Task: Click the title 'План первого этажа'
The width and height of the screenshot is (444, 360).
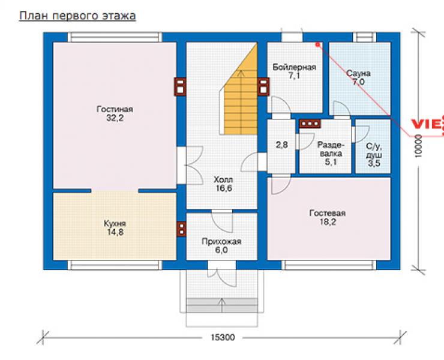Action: [x=77, y=16]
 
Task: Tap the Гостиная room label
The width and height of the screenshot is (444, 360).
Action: [x=115, y=109]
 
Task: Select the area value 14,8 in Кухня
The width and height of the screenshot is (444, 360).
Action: [x=115, y=232]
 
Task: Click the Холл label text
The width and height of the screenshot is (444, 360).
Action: [x=223, y=179]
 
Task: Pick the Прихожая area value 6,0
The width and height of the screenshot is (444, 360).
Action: [x=221, y=250]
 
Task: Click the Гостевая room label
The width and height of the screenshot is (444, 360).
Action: [x=328, y=213]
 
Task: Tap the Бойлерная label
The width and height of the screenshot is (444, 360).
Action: [x=294, y=67]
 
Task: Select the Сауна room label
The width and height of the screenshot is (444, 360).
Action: [x=358, y=73]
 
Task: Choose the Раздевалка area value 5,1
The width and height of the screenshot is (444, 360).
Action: [x=331, y=162]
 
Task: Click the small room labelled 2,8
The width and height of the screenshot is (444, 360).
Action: [x=282, y=145]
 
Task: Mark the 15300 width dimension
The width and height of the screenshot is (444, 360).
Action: [x=223, y=337]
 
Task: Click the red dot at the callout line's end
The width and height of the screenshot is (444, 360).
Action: [x=318, y=44]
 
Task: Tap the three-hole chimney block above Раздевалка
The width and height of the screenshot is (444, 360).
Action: [x=310, y=124]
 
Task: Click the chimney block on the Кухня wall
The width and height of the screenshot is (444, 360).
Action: [x=181, y=229]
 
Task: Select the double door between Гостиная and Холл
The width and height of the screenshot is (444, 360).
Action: [x=190, y=165]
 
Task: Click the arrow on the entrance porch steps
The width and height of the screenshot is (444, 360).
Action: [x=222, y=305]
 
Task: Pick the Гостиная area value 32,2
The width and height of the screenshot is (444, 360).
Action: [x=115, y=118]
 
